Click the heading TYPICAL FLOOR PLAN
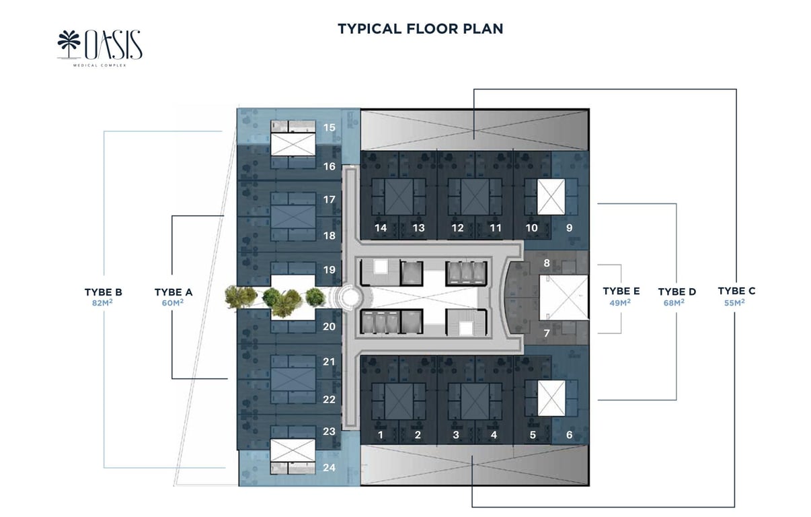click(420, 28)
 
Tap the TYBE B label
click(103, 292)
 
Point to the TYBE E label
click(621, 291)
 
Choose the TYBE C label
click(736, 291)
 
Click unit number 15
click(330, 127)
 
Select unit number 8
click(547, 263)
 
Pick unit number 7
click(547, 333)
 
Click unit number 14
click(381, 228)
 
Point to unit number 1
click(380, 436)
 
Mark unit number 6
click(569, 436)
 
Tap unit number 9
click(569, 228)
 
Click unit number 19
click(330, 270)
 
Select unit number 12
click(457, 228)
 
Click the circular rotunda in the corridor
click(350, 297)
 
